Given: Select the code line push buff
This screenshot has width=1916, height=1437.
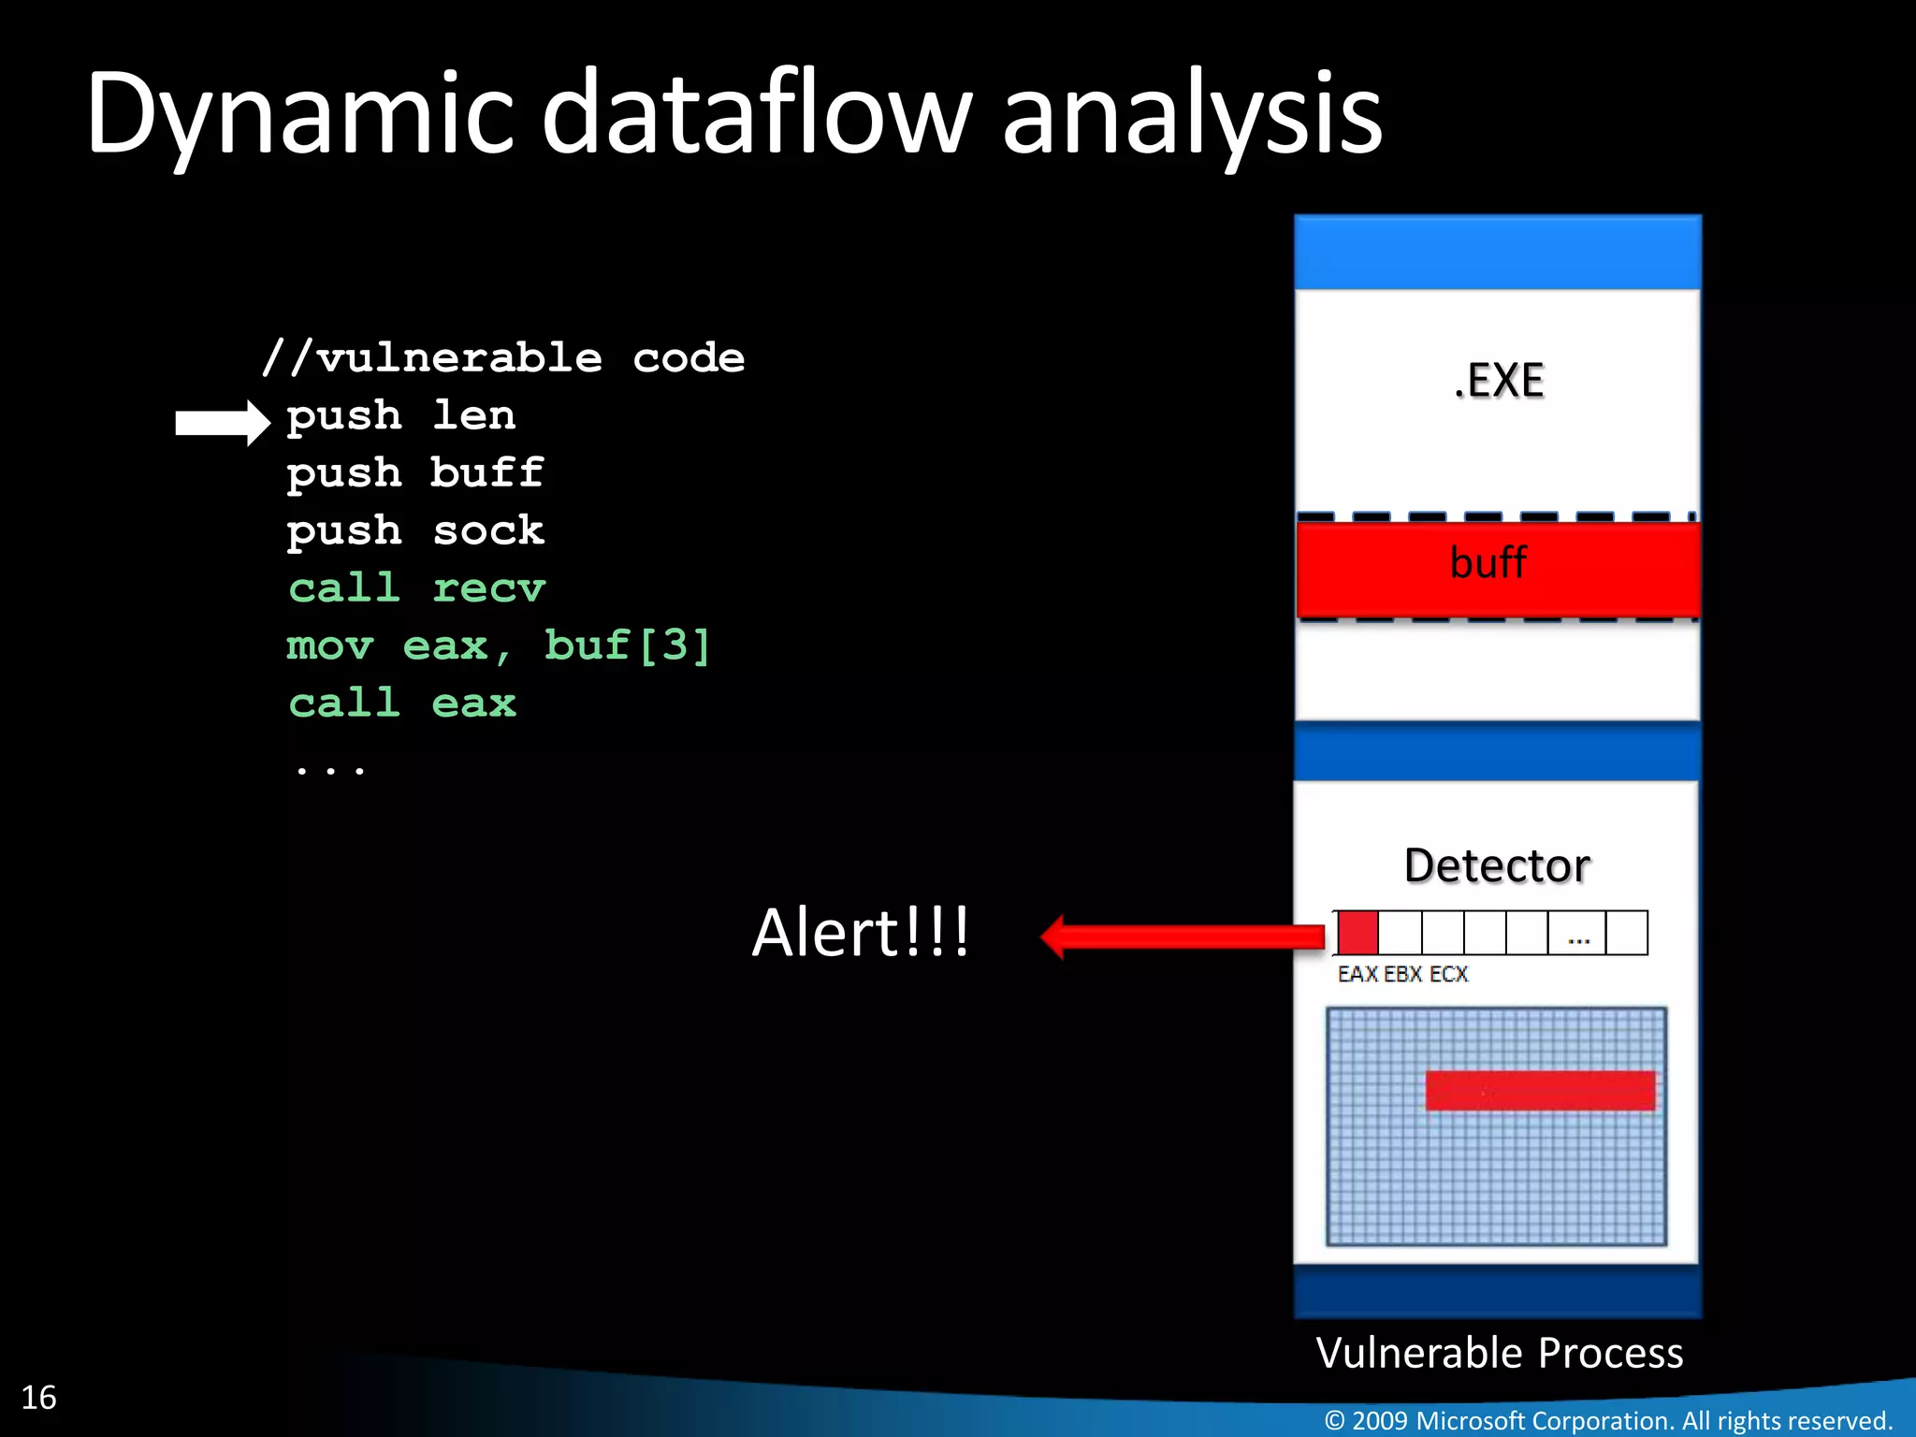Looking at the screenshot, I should tap(414, 473).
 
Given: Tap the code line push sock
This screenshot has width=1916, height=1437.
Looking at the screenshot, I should tap(414, 531).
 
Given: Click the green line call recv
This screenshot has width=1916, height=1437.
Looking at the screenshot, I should tap(416, 588).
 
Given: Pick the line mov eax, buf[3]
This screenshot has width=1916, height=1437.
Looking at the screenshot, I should tap(498, 646).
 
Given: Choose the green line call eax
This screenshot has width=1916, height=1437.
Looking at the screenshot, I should tap(402, 704).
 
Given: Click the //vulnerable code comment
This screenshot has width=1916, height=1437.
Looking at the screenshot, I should tap(503, 358).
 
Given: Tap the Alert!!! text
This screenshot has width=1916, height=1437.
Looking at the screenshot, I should tap(861, 933).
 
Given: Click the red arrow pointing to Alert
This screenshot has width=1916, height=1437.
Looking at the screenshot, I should tap(1183, 936).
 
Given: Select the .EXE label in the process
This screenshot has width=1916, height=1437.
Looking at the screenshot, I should tap(1499, 381).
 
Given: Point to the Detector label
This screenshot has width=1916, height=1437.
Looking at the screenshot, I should tap(1497, 865).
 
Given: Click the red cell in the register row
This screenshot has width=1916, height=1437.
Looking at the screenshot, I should tap(1357, 933).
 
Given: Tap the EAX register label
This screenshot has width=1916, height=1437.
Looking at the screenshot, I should tap(1357, 975).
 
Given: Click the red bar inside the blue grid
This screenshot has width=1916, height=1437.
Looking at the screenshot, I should tap(1540, 1091).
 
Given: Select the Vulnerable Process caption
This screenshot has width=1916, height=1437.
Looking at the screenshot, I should tap(1499, 1353).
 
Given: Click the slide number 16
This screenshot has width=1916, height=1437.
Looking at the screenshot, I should tap(39, 1398).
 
